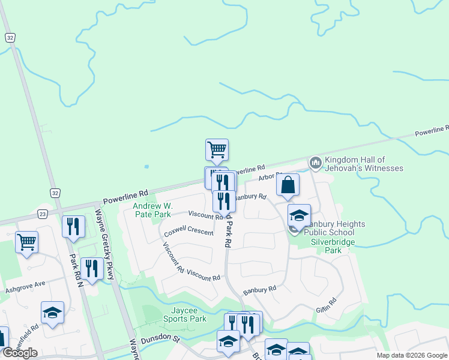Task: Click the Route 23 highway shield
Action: tap(42, 214)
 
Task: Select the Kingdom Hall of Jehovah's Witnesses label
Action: tap(364, 164)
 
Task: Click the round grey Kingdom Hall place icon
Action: tap(315, 162)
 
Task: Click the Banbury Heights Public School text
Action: tap(334, 228)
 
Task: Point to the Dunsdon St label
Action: tap(160, 340)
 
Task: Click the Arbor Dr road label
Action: tap(270, 176)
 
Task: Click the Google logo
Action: tap(20, 353)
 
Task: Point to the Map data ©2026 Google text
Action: tap(411, 355)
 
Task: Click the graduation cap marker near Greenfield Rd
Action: tap(53, 313)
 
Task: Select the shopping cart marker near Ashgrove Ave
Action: tap(26, 243)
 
